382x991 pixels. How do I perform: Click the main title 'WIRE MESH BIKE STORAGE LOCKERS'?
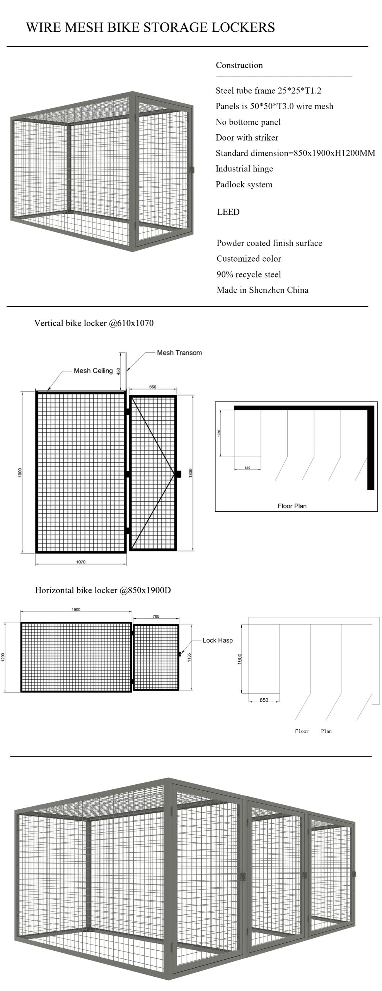150,27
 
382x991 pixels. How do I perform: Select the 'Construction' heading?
239,65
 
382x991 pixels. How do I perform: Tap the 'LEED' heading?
228,212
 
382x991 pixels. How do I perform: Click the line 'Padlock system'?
244,184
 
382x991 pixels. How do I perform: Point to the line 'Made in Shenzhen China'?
262,290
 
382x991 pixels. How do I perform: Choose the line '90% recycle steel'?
249,274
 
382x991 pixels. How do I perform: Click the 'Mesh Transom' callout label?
179,353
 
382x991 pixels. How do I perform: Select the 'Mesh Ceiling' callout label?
93,370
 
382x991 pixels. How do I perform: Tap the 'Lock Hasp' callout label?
217,640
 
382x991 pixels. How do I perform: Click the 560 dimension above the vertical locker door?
153,387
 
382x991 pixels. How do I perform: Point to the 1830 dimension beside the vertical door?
190,473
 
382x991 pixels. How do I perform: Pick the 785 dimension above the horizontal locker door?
156,616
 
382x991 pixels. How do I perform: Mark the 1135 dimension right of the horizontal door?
189,657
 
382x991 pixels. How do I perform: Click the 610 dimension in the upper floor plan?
247,468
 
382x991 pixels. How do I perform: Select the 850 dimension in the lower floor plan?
264,700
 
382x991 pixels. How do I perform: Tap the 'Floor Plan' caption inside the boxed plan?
292,506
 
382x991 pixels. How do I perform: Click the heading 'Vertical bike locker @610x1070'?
94,323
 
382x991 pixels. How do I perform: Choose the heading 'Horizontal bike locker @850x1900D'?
103,590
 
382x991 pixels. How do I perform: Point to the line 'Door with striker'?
247,137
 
